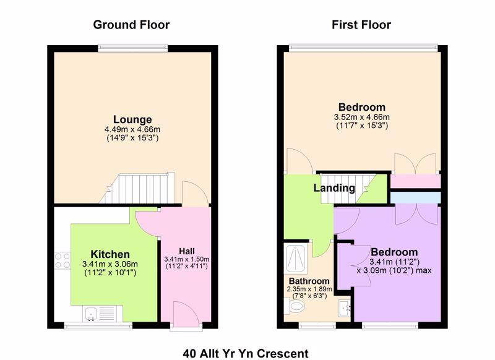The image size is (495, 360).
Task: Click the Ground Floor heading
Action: click(x=131, y=25)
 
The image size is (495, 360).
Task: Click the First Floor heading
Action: click(x=361, y=25)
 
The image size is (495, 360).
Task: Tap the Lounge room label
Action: click(x=132, y=119)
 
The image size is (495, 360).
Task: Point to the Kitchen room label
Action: click(x=110, y=254)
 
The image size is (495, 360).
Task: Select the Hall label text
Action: click(x=187, y=252)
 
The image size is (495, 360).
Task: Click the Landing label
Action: click(x=334, y=188)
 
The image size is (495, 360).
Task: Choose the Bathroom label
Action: click(x=309, y=281)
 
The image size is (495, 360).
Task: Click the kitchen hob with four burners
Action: click(x=62, y=260)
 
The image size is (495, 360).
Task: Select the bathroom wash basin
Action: click(x=345, y=308)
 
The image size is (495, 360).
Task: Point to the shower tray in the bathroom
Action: click(x=295, y=259)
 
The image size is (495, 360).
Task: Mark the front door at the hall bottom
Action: click(x=186, y=315)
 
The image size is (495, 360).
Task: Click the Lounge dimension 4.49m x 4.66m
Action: click(x=132, y=129)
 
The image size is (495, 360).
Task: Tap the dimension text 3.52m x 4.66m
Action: click(x=362, y=117)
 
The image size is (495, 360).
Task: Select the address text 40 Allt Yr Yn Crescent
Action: click(x=246, y=354)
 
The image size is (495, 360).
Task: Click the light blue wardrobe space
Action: click(x=415, y=198)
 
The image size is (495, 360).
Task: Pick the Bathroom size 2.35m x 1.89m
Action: click(x=309, y=289)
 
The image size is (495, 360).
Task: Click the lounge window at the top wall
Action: click(x=132, y=48)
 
